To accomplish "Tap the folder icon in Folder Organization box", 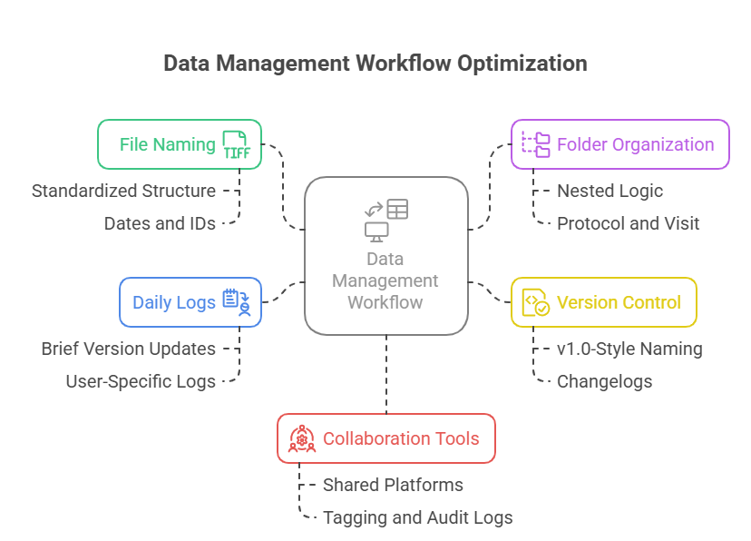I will pyautogui.click(x=535, y=144).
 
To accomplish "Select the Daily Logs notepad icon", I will pyautogui.click(x=237, y=302).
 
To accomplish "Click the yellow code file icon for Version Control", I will pyautogui.click(x=535, y=302).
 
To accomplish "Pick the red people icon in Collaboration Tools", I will pyautogui.click(x=302, y=438).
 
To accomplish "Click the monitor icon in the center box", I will pyautogui.click(x=375, y=231).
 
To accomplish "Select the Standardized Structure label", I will pyautogui.click(x=123, y=191).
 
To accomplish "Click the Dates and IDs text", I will pyautogui.click(x=160, y=223).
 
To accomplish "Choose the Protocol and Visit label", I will pyautogui.click(x=628, y=223).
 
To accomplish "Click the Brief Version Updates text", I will pyautogui.click(x=129, y=349).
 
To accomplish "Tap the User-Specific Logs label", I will pyautogui.click(x=141, y=381).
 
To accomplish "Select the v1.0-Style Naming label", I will pyautogui.click(x=629, y=349).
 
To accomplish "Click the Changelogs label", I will pyautogui.click(x=604, y=381).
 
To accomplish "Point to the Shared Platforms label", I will pyautogui.click(x=393, y=485).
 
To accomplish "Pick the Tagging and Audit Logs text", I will pyautogui.click(x=417, y=517).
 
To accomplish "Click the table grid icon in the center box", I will pyautogui.click(x=397, y=209).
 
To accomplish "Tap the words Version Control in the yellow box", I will pyautogui.click(x=619, y=302).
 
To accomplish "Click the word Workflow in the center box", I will pyautogui.click(x=385, y=302).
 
